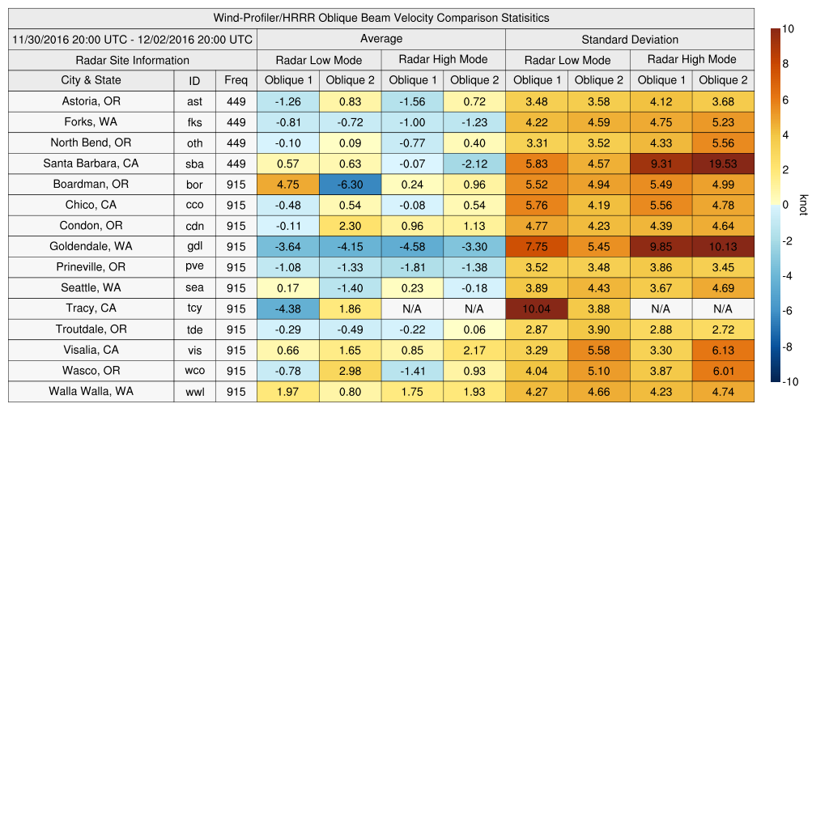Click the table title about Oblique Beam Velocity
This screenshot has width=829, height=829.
click(x=381, y=18)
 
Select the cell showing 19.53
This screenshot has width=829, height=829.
click(x=723, y=164)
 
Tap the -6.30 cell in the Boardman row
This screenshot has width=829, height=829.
click(x=350, y=185)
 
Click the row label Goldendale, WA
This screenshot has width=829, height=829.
click(x=91, y=246)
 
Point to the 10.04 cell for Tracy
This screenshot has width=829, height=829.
click(x=536, y=308)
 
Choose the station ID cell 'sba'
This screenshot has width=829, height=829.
click(x=194, y=164)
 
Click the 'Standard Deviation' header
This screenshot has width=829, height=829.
click(x=630, y=40)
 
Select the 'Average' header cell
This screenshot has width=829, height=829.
click(x=380, y=39)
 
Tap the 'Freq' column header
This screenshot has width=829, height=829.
click(x=236, y=80)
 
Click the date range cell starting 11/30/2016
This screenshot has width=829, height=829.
click(x=133, y=40)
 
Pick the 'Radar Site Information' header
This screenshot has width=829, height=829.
click(x=133, y=60)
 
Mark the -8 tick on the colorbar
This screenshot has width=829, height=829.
click(x=788, y=346)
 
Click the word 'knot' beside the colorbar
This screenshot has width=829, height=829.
click(x=803, y=206)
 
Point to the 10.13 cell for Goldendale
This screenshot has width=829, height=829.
click(x=723, y=247)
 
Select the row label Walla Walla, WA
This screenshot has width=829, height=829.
click(x=91, y=391)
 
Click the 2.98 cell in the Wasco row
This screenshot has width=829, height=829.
click(x=350, y=371)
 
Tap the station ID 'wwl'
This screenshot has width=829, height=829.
click(x=194, y=392)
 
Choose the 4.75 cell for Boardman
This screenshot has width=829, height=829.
click(x=288, y=185)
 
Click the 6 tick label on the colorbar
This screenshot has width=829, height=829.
click(x=784, y=100)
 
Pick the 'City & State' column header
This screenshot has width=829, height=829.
click(x=91, y=80)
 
